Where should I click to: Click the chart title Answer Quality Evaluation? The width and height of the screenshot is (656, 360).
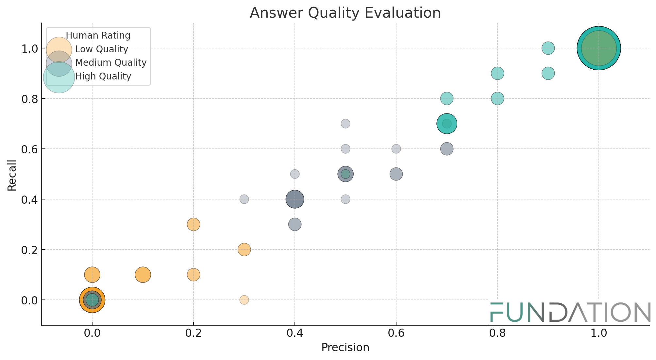pyautogui.click(x=345, y=13)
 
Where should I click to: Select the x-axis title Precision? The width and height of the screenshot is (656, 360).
pyautogui.click(x=345, y=347)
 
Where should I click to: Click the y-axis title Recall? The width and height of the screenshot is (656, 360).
pyautogui.click(x=12, y=175)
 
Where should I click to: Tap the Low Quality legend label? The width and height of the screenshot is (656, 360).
pyautogui.click(x=102, y=49)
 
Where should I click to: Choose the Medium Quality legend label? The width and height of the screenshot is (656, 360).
pyautogui.click(x=111, y=62)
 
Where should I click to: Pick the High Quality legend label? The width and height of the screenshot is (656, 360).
pyautogui.click(x=103, y=77)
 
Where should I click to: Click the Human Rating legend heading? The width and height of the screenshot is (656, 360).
pyautogui.click(x=98, y=36)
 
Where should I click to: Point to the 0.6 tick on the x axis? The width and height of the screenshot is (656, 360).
pyautogui.click(x=396, y=333)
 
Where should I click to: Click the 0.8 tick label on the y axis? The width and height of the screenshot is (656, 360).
pyautogui.click(x=29, y=99)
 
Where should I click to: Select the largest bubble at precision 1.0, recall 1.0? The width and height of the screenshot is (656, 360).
pyautogui.click(x=598, y=48)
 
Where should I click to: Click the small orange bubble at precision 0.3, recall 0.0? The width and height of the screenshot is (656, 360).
pyautogui.click(x=244, y=300)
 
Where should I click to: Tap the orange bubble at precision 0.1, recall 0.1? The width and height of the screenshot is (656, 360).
pyautogui.click(x=143, y=275)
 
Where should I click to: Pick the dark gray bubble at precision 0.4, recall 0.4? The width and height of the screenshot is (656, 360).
pyautogui.click(x=295, y=199)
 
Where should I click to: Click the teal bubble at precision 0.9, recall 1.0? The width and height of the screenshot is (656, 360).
pyautogui.click(x=548, y=48)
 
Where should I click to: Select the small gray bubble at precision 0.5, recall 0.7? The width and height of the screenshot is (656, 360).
pyautogui.click(x=345, y=124)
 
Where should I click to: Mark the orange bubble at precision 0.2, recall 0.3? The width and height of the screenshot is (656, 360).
pyautogui.click(x=193, y=224)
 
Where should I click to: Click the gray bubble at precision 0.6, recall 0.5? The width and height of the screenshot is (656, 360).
pyautogui.click(x=396, y=174)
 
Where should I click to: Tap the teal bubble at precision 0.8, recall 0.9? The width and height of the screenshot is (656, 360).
pyautogui.click(x=497, y=73)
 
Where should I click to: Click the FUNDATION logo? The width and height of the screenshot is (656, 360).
pyautogui.click(x=570, y=312)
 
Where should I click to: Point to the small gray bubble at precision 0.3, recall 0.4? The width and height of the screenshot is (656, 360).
pyautogui.click(x=244, y=199)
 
